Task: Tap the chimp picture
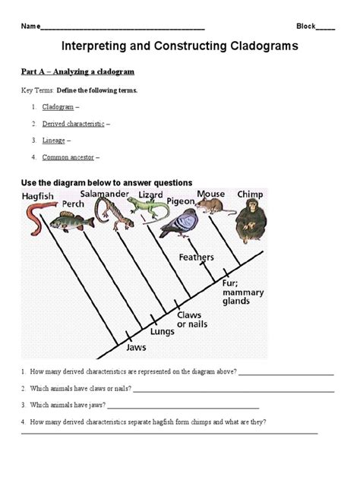pyautogui.click(x=251, y=219)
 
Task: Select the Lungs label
pyautogui.click(x=163, y=331)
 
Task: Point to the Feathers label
pyautogui.click(x=196, y=257)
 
